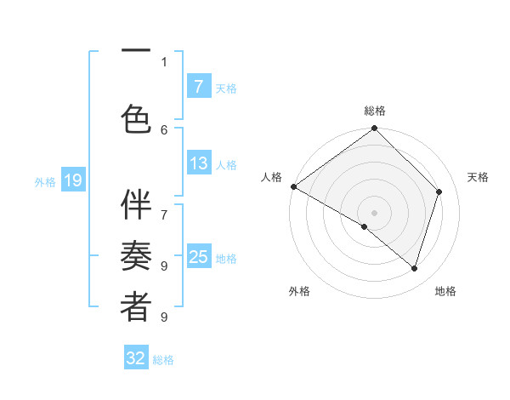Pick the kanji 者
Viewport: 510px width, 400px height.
[x=136, y=307]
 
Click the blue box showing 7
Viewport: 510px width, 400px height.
[x=198, y=86]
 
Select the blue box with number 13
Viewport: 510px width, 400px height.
[x=198, y=163]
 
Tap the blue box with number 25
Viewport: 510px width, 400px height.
[x=198, y=257]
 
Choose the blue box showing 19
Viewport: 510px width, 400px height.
[x=72, y=180]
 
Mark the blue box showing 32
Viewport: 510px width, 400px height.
[x=136, y=358]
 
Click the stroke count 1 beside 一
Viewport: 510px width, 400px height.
[x=164, y=61]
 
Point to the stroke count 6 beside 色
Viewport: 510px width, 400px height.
[x=164, y=129]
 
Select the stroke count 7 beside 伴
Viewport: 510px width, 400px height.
[x=164, y=206]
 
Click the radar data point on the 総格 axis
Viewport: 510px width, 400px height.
[x=374, y=129]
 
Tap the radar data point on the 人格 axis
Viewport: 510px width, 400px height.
[x=294, y=186]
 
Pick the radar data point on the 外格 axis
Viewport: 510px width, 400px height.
[x=365, y=226]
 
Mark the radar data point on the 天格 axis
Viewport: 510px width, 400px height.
[x=439, y=191]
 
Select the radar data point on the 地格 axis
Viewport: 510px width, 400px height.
[x=415, y=269]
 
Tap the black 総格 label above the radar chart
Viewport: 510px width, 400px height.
[x=374, y=111]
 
